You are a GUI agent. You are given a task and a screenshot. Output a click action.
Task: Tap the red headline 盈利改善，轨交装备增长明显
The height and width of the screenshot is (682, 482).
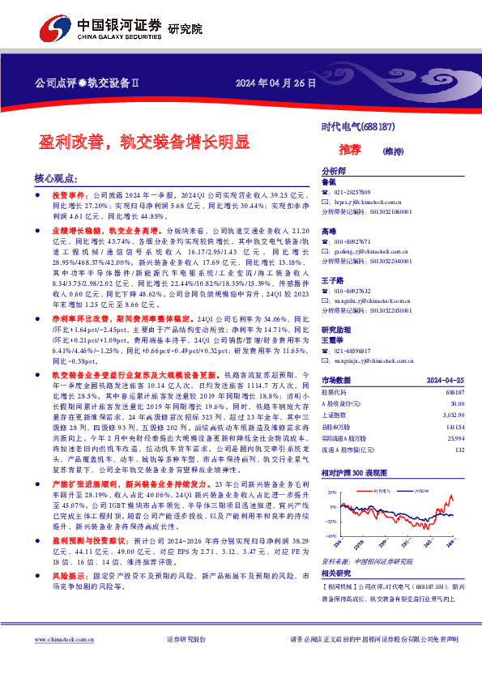(144, 143)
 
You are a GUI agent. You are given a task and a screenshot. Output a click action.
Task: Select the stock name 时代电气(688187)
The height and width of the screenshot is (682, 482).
(358, 127)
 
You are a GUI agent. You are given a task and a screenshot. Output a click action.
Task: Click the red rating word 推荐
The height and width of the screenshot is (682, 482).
(350, 150)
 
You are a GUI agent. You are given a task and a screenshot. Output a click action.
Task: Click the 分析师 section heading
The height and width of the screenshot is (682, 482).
(334, 172)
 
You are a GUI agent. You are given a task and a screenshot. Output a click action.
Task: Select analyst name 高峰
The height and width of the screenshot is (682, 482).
(329, 232)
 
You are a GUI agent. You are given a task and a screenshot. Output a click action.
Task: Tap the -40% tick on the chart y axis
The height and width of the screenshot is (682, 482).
(330, 513)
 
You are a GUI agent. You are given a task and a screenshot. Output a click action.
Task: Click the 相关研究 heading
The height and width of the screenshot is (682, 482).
(335, 549)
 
